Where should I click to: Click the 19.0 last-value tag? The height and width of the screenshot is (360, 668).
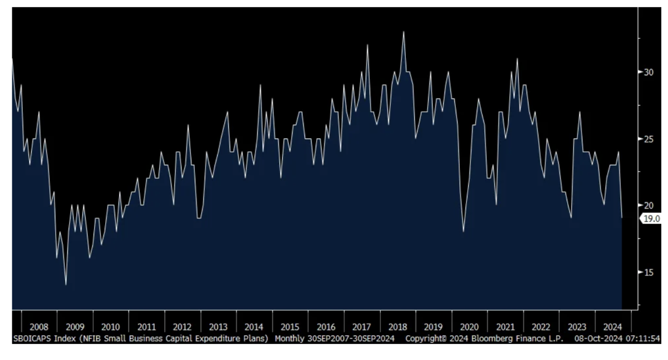tap(651, 219)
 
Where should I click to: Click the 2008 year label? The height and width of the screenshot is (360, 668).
tap(39, 327)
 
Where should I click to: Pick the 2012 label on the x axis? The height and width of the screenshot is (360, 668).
tap(182, 327)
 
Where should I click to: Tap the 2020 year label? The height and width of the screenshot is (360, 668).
tap(469, 327)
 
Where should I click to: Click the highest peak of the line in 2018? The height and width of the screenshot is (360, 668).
tap(404, 32)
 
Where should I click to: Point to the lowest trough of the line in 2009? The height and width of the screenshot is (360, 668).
tap(66, 285)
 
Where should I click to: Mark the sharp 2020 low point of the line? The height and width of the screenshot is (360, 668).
tap(463, 231)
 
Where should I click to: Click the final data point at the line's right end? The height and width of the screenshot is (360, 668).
tap(621, 218)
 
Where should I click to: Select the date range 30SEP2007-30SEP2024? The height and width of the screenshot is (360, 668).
tap(351, 338)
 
